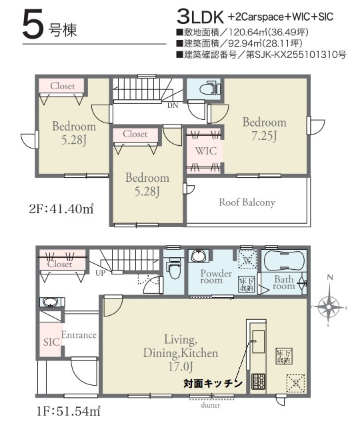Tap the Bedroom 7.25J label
[264, 129]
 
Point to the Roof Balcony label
[247, 203]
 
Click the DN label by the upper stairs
[173, 105]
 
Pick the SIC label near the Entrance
[52, 341]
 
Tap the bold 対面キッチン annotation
[213, 384]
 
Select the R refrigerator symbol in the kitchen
[293, 383]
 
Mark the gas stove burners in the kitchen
[258, 382]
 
